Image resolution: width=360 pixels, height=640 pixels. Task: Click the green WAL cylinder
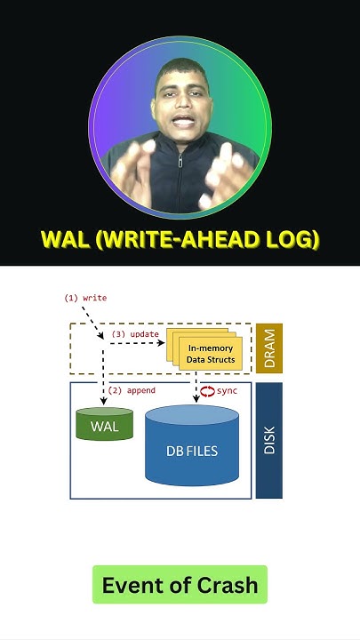tap(105, 425)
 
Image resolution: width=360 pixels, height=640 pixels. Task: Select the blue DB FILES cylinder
tap(192, 450)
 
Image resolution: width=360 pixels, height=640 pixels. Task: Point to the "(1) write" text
tap(85, 298)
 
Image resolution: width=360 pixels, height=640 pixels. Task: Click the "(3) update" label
tap(135, 334)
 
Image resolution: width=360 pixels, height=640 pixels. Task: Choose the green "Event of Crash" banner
tap(180, 585)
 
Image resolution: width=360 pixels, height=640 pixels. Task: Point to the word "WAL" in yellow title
tap(67, 239)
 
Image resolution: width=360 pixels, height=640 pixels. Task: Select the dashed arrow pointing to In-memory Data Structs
tap(142, 343)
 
